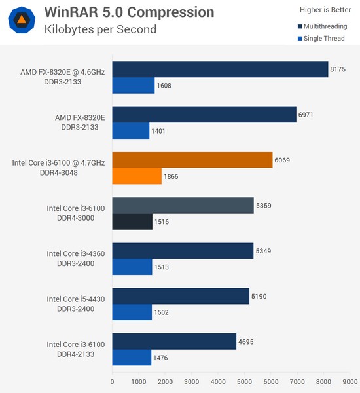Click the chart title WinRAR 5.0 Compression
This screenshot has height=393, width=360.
click(x=129, y=12)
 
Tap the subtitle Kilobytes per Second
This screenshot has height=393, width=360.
click(x=100, y=29)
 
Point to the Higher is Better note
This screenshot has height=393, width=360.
click(x=323, y=10)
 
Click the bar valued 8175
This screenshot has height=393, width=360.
click(x=220, y=69)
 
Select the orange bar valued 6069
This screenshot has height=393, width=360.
click(x=192, y=160)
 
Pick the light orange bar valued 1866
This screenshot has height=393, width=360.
click(x=137, y=177)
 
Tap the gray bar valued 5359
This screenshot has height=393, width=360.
click(x=183, y=205)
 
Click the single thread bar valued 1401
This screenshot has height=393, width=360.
click(x=131, y=131)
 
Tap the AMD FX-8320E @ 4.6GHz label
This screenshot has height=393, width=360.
click(x=62, y=72)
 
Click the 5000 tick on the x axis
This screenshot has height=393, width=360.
click(x=244, y=381)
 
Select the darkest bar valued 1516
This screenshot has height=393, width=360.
click(x=132, y=222)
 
